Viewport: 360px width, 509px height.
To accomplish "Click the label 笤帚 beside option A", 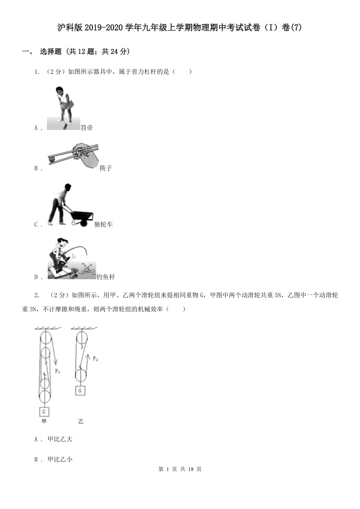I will click(86, 128).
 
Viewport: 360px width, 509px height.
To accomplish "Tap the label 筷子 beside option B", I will click(105, 168).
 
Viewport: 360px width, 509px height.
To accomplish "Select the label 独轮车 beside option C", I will click(103, 224).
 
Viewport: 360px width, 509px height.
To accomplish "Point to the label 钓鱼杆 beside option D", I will click(106, 277).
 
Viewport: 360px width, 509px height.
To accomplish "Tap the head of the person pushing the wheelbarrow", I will click(67, 187).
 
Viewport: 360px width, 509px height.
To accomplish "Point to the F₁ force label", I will click(58, 371).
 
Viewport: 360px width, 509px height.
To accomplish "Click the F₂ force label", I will click(95, 359).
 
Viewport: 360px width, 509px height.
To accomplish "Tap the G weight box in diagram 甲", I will click(44, 411).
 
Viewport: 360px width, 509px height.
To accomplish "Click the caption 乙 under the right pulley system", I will click(81, 422).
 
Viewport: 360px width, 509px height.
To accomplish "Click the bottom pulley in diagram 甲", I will click(45, 397).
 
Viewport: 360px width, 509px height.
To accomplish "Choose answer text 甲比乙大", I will click(60, 439).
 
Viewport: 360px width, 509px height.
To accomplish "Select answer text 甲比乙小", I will click(60, 459).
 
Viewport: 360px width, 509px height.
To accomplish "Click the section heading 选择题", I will click(50, 52).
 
